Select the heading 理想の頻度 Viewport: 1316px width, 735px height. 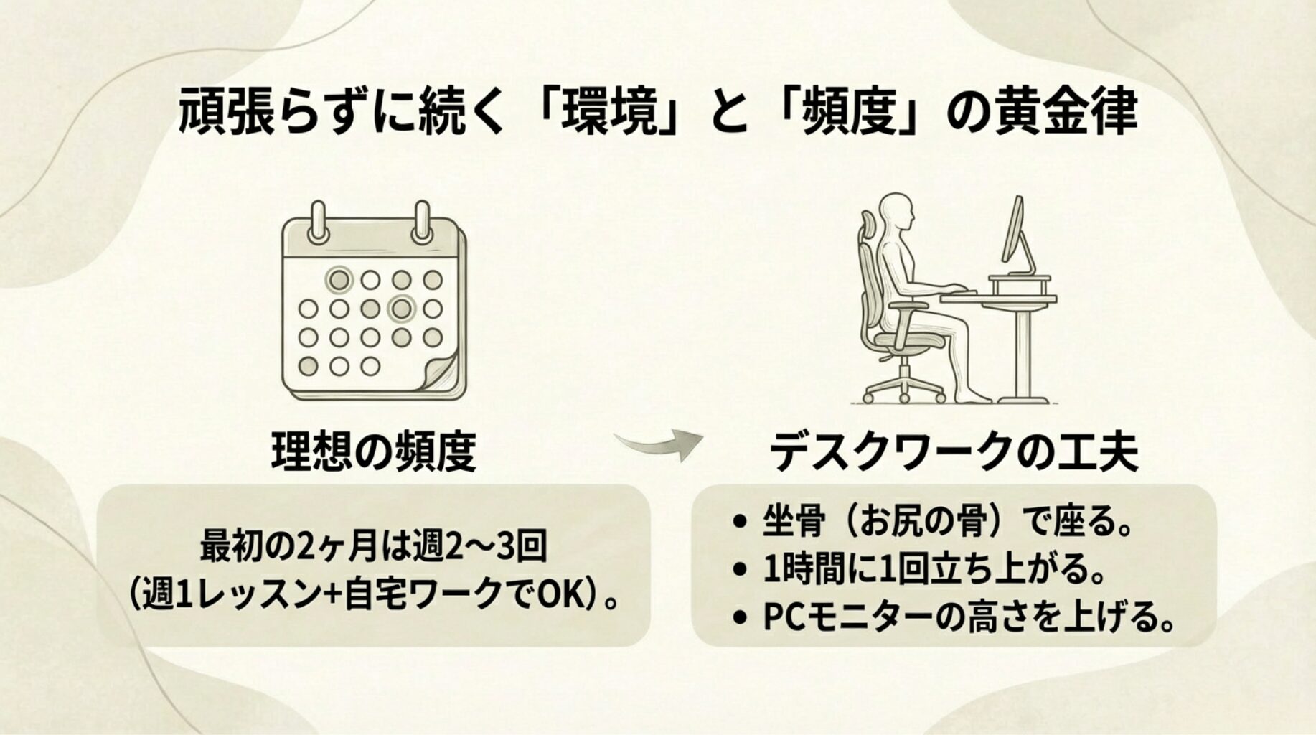click(374, 451)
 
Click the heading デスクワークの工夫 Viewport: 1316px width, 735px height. click(954, 451)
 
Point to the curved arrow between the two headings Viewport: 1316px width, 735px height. click(659, 445)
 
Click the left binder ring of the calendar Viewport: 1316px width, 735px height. click(318, 222)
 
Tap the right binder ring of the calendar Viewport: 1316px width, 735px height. click(421, 222)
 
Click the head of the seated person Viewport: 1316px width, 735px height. click(898, 212)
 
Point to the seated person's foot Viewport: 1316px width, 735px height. click(974, 395)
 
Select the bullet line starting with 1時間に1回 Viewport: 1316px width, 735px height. click(918, 570)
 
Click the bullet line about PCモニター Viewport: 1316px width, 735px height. click(954, 617)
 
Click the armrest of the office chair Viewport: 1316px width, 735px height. click(908, 306)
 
